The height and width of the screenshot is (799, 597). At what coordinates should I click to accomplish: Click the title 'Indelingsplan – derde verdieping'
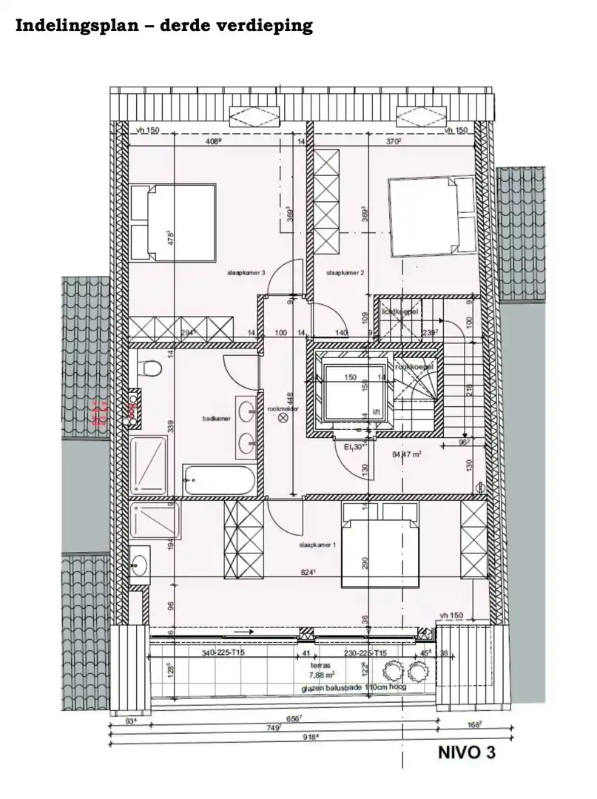[x=164, y=26]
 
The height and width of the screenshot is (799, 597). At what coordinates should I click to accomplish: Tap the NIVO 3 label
[x=466, y=754]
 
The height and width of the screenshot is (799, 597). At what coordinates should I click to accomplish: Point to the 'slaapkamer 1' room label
[x=317, y=545]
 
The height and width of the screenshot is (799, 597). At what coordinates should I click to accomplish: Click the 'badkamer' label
[x=213, y=418]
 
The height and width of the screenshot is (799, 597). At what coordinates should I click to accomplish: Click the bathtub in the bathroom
[x=220, y=481]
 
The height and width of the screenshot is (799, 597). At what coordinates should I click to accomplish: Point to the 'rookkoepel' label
[x=414, y=367]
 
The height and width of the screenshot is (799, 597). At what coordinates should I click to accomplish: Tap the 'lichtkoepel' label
[x=400, y=311]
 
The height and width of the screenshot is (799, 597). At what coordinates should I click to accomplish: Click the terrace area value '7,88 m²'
[x=321, y=675]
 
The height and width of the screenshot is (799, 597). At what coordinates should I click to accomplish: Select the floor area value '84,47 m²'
[x=405, y=454]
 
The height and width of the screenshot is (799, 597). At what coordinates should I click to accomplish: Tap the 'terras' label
[x=320, y=665]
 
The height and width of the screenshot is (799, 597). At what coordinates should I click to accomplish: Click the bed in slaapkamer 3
[x=173, y=223]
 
